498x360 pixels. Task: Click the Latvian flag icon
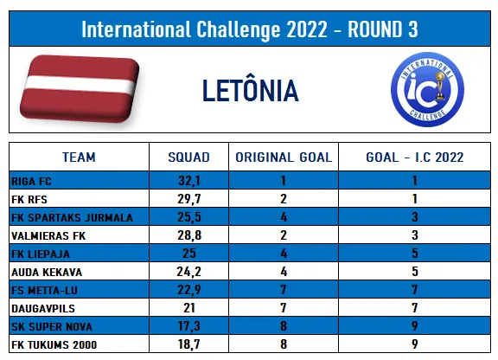pos(80,89)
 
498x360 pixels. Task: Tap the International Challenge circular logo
pos(427,89)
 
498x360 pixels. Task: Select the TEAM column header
pos(79,157)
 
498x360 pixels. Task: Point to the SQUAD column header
pos(189,157)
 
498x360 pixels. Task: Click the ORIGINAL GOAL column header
pos(284,157)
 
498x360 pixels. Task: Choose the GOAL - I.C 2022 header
pos(415,157)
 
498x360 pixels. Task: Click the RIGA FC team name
pos(31,181)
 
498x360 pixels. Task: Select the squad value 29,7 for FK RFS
pos(189,199)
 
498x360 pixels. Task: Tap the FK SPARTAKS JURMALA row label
pos(72,217)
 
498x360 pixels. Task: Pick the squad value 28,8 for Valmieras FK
pos(189,235)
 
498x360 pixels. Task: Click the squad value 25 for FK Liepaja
pos(189,254)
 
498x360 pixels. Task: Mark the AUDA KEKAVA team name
pos(47,273)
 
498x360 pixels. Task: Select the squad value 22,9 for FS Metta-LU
pos(189,290)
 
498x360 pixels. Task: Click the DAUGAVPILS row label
pos(43,308)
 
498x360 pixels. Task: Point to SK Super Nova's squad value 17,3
pos(189,326)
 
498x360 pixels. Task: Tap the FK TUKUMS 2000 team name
pos(54,344)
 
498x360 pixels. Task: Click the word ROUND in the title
pos(374,29)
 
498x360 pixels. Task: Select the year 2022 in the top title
pos(307,29)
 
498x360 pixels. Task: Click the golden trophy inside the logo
pos(440,85)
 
